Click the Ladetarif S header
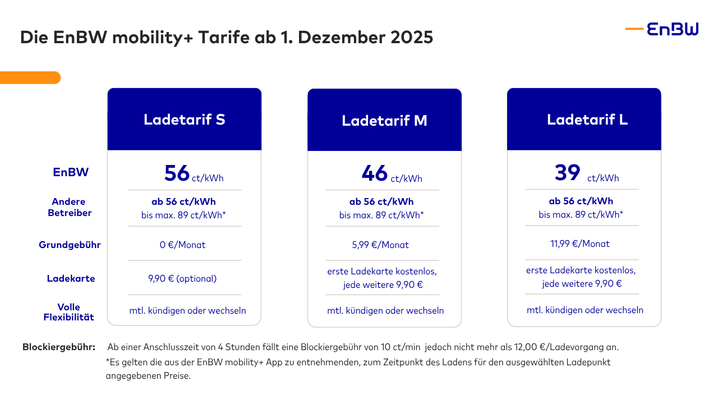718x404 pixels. tap(184, 120)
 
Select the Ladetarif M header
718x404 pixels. tap(384, 121)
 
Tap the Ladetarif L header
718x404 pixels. tap(587, 120)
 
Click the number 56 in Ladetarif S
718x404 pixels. tap(177, 173)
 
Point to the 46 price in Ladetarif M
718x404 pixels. tap(375, 173)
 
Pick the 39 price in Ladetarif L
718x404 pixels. tap(567, 172)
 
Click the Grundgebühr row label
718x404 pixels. tap(70, 245)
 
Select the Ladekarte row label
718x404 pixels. tap(71, 279)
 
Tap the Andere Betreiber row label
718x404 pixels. tap(69, 207)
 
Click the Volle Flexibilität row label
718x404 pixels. tap(68, 312)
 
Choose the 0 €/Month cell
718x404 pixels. tap(182, 245)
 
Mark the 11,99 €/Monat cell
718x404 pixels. tap(580, 244)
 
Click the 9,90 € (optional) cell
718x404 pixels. tap(182, 279)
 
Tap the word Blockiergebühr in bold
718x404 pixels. tap(58, 347)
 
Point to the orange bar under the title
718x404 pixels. tap(30, 77)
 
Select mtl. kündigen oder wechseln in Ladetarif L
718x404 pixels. tap(584, 310)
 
